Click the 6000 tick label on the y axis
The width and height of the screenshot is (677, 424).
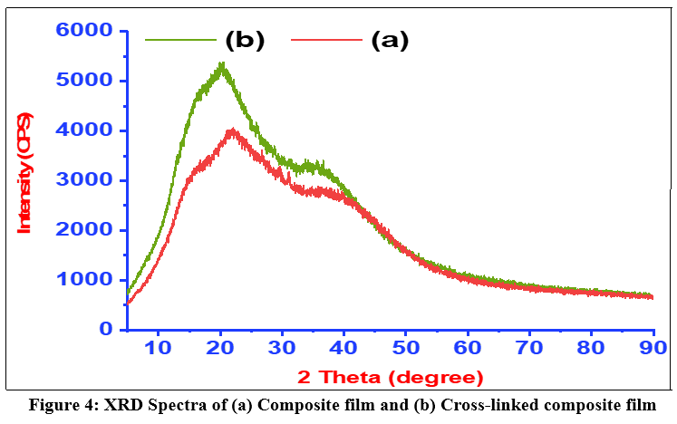tap(84, 30)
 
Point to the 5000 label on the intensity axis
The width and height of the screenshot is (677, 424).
tap(84, 80)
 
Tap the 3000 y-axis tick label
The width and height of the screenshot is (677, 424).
tap(84, 179)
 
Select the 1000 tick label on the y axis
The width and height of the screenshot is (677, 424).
tap(84, 279)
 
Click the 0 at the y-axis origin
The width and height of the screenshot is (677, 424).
tap(106, 330)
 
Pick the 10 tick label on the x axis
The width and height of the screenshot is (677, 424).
tap(158, 348)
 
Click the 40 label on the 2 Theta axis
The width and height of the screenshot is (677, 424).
tap(343, 348)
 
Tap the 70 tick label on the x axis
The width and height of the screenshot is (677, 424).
tap(529, 348)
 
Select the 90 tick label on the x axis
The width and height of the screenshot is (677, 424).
tap(653, 348)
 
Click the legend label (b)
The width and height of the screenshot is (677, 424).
tap(245, 41)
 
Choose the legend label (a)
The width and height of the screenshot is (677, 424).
tap(390, 41)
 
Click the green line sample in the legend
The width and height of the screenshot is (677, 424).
tap(180, 40)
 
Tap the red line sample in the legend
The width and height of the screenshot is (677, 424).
tap(326, 40)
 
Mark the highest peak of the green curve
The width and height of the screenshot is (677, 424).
tap(223, 63)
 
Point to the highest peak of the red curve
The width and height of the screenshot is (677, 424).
tap(233, 130)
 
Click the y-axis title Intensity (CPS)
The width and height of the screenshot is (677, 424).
tap(24, 173)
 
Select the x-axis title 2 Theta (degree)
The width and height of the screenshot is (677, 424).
tap(390, 377)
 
